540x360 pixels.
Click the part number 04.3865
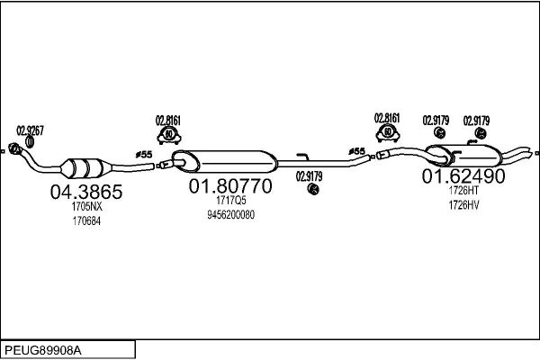tap(86, 192)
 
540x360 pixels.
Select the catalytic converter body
tap(85, 168)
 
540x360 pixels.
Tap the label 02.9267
tap(31, 130)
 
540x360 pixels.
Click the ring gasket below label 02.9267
tap(30, 141)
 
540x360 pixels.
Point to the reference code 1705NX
tap(86, 206)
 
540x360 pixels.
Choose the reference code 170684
tap(86, 220)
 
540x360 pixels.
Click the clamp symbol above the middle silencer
tap(169, 135)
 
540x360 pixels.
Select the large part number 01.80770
tap(230, 186)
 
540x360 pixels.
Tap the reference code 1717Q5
tap(231, 200)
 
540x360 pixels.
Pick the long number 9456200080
tap(230, 214)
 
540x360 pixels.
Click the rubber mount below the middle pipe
tap(313, 188)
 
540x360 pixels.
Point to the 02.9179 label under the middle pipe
tap(310, 176)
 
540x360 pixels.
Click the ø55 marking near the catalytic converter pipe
tap(144, 155)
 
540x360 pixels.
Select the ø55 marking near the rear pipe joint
tap(356, 151)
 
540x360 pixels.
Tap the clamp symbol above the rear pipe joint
tap(388, 133)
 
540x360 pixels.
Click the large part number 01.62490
tap(463, 175)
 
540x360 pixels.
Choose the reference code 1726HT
tap(463, 190)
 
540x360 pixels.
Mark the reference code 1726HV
tap(463, 205)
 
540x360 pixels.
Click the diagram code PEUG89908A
tap(43, 350)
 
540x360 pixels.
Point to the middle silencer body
tap(224, 161)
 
